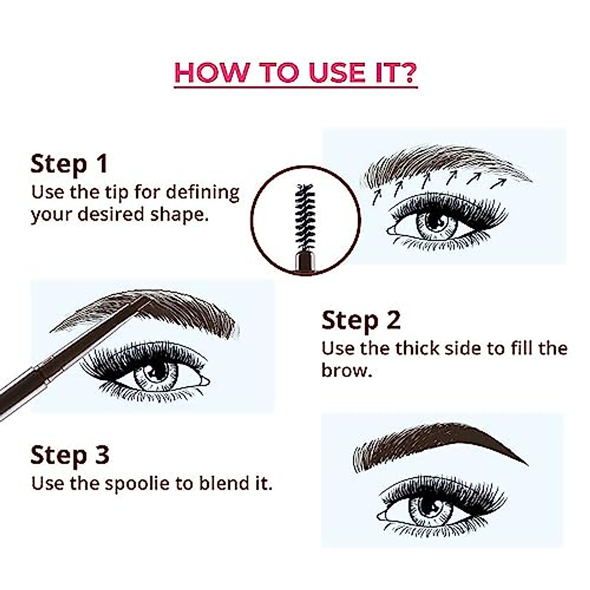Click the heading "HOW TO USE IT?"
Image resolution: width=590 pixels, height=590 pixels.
295,72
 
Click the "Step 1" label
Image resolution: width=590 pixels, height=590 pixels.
69,164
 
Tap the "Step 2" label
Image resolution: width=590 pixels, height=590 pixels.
361,321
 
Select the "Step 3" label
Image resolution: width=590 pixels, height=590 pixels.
69,455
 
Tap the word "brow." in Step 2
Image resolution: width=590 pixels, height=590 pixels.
347,371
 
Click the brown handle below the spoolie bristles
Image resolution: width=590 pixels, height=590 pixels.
305,262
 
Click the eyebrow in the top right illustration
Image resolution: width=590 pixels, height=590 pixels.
442,165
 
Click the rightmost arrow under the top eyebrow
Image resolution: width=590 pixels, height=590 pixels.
499,183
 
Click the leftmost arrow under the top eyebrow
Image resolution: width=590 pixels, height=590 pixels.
377,197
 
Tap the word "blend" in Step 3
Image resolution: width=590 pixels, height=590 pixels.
224,484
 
